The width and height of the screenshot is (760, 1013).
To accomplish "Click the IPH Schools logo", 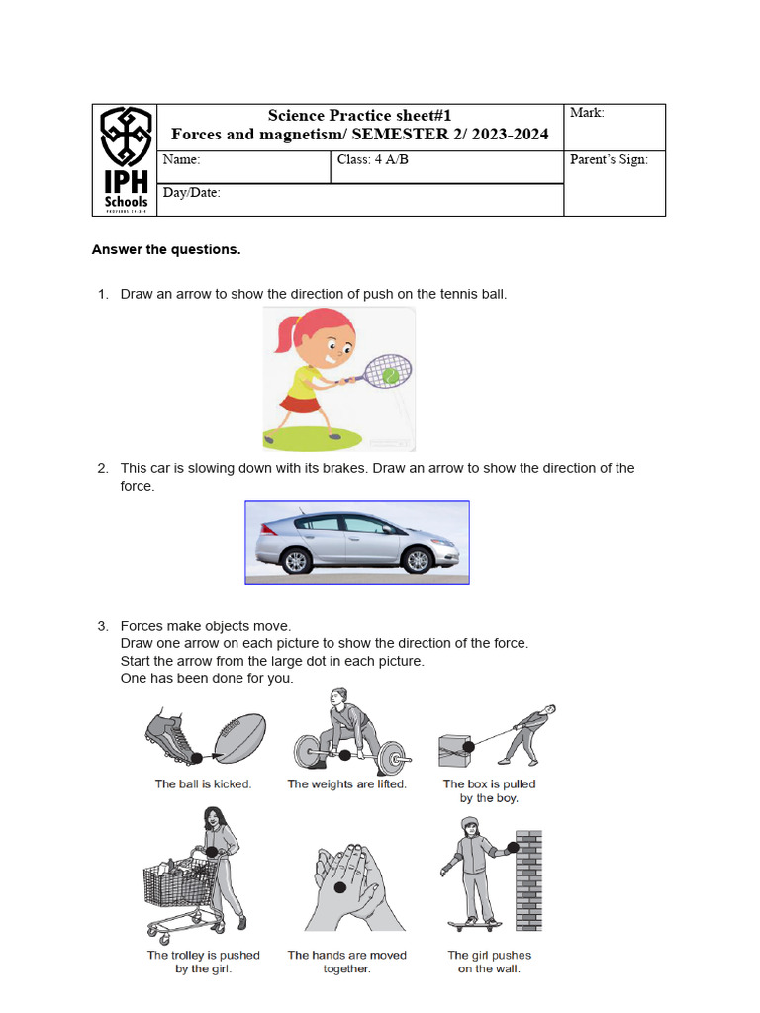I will point(126,159).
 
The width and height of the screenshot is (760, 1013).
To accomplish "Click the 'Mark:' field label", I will point(587,113).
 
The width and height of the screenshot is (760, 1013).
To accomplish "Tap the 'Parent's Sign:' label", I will point(609,159).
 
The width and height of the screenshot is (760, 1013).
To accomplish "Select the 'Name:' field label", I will point(181,159).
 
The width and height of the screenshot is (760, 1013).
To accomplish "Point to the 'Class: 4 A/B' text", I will point(372,159).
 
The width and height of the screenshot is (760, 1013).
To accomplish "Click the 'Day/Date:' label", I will point(191,193).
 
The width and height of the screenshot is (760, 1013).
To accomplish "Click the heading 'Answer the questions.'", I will point(166,249).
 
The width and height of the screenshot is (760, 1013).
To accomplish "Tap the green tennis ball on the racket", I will point(391,376).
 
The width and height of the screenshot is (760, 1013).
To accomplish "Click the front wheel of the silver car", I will point(419,561).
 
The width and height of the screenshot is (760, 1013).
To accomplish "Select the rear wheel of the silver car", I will point(296,561).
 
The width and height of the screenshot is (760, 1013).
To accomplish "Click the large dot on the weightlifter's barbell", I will point(344,756).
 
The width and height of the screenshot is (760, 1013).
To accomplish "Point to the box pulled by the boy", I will point(454,749).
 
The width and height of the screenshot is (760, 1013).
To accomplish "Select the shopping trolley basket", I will point(178,880).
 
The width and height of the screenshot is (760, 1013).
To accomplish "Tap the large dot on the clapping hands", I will point(339,887).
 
